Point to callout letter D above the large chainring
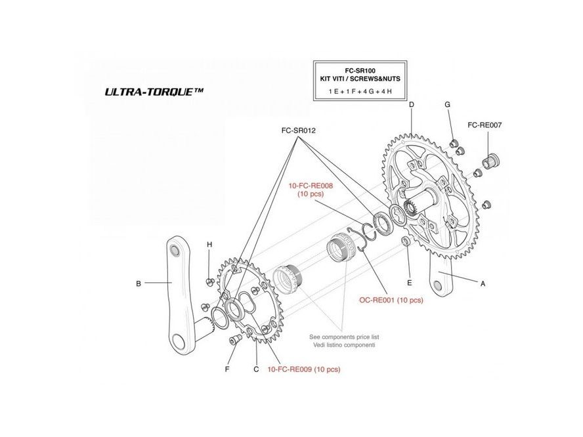point(411,105)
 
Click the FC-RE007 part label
point(485,125)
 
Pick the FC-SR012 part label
point(299,131)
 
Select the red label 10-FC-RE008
point(311,186)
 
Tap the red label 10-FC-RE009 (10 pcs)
point(303,369)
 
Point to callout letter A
point(483,283)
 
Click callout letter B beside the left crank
point(139,283)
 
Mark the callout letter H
point(209,245)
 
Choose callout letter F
point(227,369)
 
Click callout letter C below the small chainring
point(256,369)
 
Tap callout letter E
point(409,283)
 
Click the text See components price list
point(344,337)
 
